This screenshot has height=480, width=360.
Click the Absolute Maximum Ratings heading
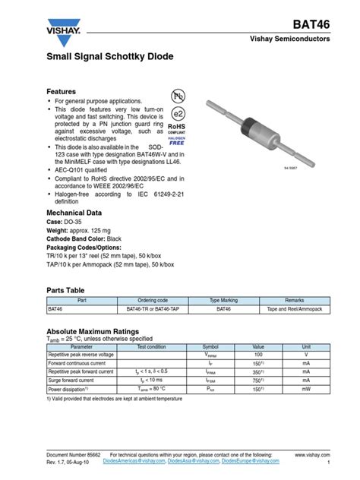(93, 331)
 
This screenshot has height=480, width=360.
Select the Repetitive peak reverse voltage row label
(81, 355)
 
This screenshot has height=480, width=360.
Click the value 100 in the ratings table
(257, 355)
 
